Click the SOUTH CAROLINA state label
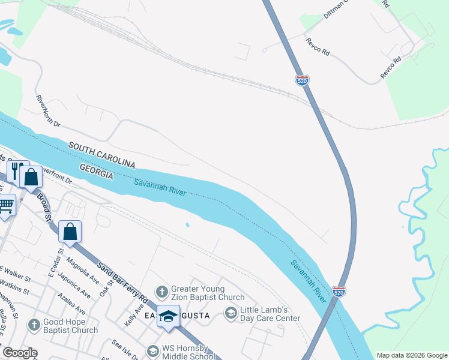tap(101, 155)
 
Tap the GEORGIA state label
tap(96, 170)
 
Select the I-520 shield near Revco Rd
tap(302, 79)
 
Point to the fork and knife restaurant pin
tap(17, 171)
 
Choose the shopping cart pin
tap(6, 206)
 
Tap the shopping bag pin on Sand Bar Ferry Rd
tap(70, 232)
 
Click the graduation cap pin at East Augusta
tap(169, 316)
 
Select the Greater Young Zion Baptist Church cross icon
tap(161, 292)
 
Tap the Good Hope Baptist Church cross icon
tap(34, 325)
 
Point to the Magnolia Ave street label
tap(83, 270)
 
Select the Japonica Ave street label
tap(74, 286)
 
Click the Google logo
tap(20, 353)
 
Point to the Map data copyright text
tap(412, 355)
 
